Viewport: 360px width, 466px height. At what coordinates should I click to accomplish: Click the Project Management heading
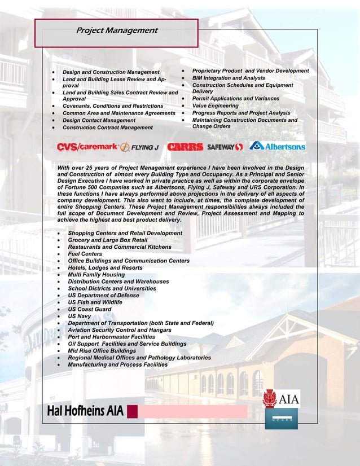117,30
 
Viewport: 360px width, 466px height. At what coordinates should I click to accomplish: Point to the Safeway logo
225,147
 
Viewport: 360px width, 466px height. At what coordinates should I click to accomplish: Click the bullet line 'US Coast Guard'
90,309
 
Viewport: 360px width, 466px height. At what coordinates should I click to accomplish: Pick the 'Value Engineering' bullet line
216,106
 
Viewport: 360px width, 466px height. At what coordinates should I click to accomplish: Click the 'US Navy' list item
80,316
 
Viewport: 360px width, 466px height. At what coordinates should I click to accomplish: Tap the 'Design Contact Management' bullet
99,120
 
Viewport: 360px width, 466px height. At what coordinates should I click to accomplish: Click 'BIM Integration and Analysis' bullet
229,78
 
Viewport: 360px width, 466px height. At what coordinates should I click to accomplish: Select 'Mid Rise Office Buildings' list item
102,351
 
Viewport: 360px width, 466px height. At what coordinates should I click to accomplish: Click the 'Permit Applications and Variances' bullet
235,99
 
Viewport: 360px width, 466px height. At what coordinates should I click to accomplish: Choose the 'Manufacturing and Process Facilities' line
118,364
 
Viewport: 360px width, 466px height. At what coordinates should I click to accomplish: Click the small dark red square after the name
133,411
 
